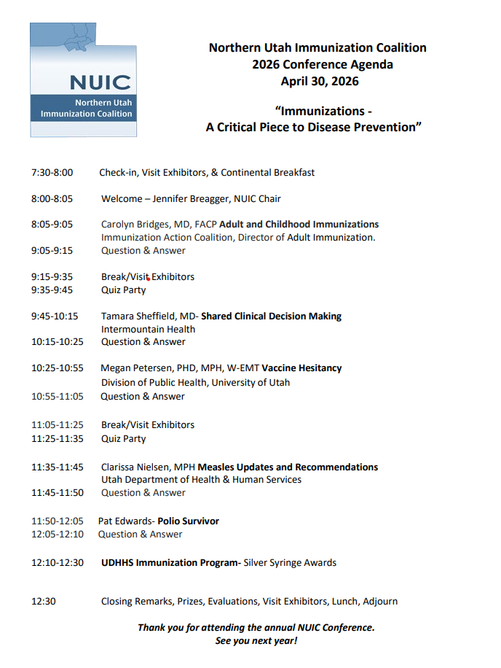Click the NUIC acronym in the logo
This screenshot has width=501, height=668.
point(100,82)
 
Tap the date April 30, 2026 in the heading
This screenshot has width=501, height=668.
point(320,81)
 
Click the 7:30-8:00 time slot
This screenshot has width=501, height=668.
point(52,173)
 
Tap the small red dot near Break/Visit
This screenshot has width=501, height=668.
point(148,279)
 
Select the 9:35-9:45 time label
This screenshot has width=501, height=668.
point(52,290)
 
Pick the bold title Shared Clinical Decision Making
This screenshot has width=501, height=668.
point(271,316)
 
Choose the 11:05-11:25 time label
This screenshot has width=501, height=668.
point(57,424)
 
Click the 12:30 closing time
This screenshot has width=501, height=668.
point(44,602)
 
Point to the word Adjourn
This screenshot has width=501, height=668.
point(380,602)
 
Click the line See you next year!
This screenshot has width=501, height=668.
point(256,641)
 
